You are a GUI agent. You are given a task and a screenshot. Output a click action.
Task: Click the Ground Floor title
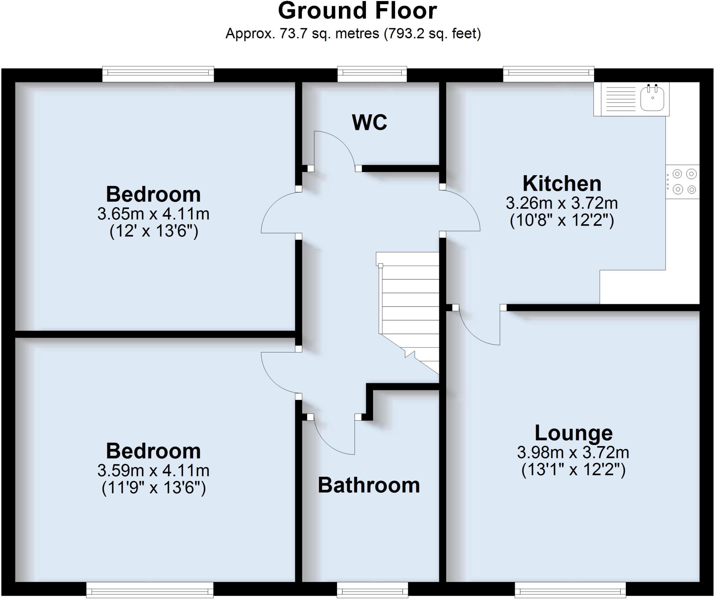[x=357, y=11]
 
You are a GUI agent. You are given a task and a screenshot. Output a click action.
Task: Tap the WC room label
[x=370, y=122]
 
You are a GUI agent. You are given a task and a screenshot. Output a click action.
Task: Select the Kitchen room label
[x=562, y=184]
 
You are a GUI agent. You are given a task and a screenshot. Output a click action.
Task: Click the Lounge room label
[x=574, y=433]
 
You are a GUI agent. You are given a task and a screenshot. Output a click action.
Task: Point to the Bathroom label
[x=369, y=485]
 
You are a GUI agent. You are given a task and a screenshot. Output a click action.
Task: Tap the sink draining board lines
[x=621, y=99]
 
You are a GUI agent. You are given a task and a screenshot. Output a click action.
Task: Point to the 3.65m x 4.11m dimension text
[x=153, y=214]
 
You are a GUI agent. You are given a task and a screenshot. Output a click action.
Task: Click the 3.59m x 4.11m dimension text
[x=153, y=470]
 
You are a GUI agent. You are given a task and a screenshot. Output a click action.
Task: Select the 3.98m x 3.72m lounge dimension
[x=573, y=452]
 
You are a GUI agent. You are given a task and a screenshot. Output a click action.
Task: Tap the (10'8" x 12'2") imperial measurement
[x=562, y=220]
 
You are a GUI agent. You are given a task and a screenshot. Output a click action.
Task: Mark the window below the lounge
[x=570, y=591]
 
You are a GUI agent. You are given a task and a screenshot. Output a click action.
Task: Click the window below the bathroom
[x=372, y=591]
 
